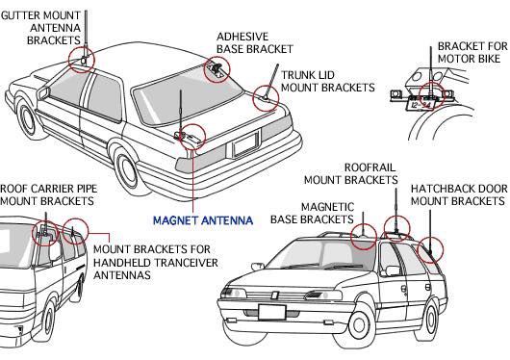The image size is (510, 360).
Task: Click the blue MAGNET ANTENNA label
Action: click(x=203, y=220)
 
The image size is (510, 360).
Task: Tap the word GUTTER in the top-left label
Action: click(x=20, y=15)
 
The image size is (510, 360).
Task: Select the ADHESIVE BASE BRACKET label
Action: click(x=255, y=42)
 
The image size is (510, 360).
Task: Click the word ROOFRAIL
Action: click(x=370, y=167)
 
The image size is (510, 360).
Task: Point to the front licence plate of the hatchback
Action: click(x=272, y=312)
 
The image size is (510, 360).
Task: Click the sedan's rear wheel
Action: click(x=126, y=171)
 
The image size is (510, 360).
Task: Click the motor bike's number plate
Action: click(x=420, y=105)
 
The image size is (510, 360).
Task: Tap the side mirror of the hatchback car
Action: click(x=257, y=267)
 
